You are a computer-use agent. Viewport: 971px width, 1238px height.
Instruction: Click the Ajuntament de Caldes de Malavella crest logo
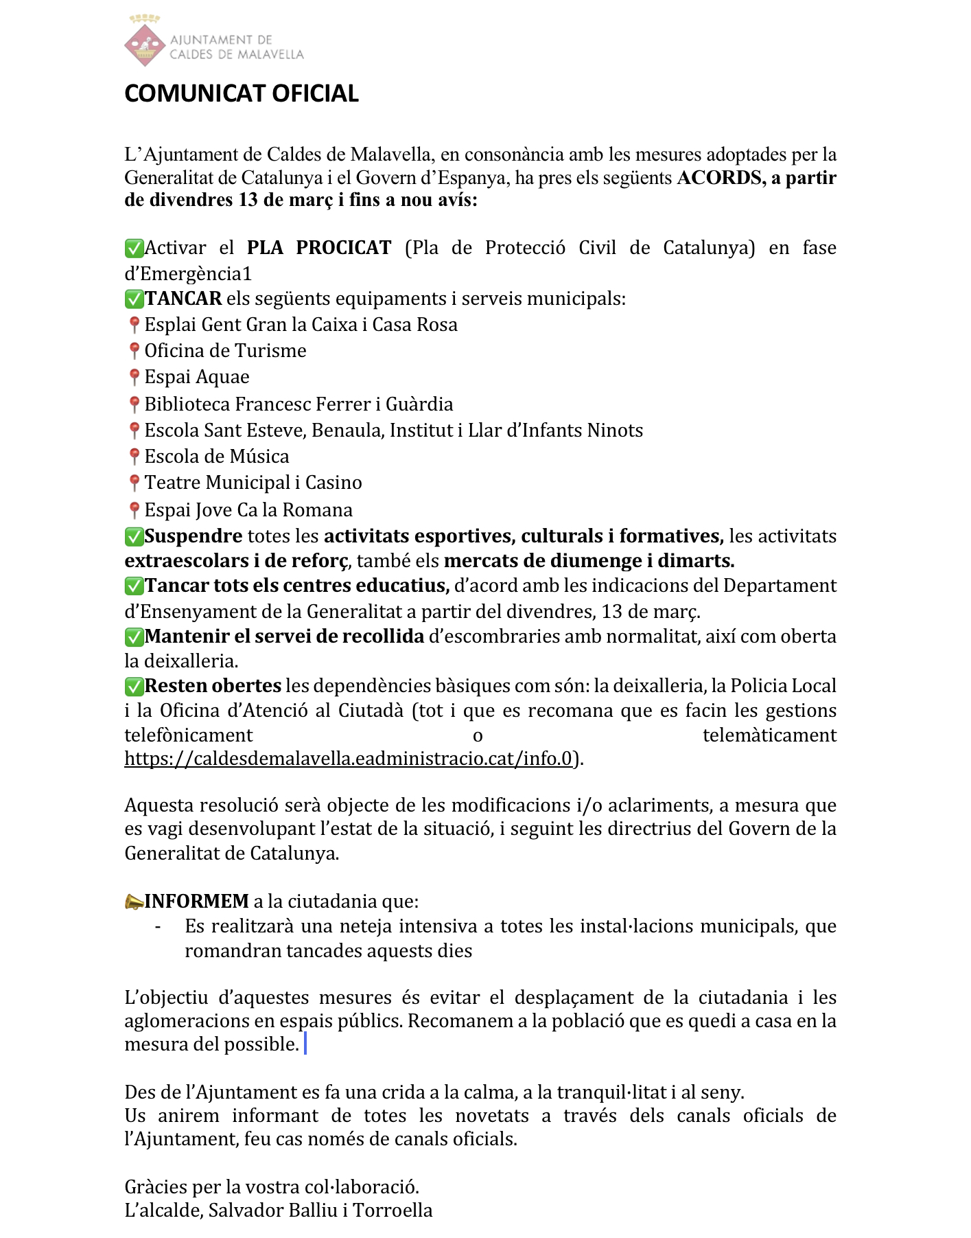(x=145, y=43)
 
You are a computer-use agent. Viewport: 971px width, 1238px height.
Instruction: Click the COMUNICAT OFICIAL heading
(x=242, y=94)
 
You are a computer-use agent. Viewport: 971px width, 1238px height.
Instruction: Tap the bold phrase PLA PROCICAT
(x=319, y=248)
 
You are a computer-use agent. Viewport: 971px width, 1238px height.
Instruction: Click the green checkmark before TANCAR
(x=134, y=299)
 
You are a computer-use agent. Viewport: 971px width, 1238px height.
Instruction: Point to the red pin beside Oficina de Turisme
(x=134, y=351)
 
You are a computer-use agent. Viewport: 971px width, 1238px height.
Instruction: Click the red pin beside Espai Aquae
(x=134, y=377)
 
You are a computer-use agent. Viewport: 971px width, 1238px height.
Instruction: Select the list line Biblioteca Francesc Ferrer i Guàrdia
(x=299, y=404)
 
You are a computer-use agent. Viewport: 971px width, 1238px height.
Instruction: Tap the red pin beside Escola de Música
(x=134, y=457)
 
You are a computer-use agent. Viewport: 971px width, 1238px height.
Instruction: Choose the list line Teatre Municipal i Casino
(x=253, y=483)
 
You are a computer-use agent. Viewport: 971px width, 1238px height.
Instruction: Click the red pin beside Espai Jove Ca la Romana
(x=134, y=510)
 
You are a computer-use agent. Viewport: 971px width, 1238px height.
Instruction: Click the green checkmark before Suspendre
(x=134, y=536)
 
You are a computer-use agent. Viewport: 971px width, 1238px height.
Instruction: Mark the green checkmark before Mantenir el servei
(x=134, y=637)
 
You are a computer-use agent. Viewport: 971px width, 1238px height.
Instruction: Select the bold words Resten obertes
(x=213, y=686)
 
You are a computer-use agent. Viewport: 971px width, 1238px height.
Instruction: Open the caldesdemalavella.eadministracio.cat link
(x=348, y=759)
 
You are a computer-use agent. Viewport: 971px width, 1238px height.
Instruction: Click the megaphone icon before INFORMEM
(x=134, y=902)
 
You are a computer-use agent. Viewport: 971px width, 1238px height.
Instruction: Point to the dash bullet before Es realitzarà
(x=159, y=927)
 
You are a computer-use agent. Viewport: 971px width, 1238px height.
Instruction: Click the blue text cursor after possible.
(x=305, y=1044)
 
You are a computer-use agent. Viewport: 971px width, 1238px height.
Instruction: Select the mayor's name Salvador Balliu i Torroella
(x=320, y=1211)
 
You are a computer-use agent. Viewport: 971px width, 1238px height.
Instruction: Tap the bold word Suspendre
(x=194, y=536)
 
